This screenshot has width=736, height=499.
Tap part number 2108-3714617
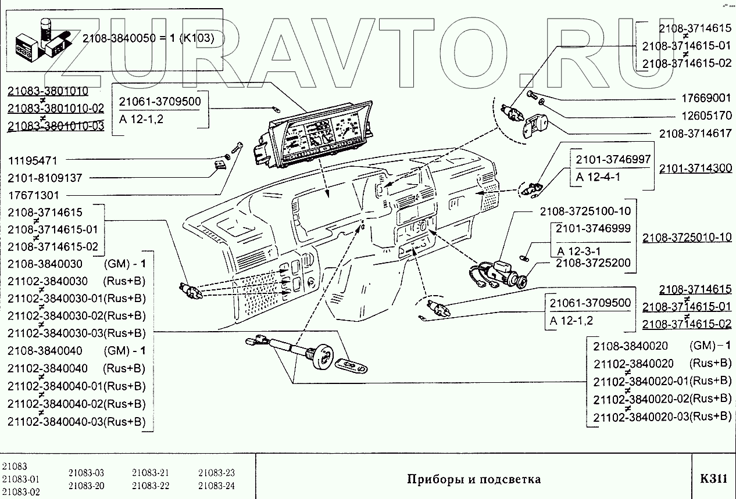[695, 133]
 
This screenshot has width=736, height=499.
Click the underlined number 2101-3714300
[695, 168]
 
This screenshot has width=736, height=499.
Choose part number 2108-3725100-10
[585, 211]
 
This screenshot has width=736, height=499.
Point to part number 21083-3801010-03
[56, 126]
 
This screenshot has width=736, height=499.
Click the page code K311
[713, 479]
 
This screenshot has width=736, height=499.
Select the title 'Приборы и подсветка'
[474, 479]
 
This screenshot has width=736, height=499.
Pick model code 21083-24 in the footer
[216, 486]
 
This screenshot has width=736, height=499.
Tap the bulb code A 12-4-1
[598, 177]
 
